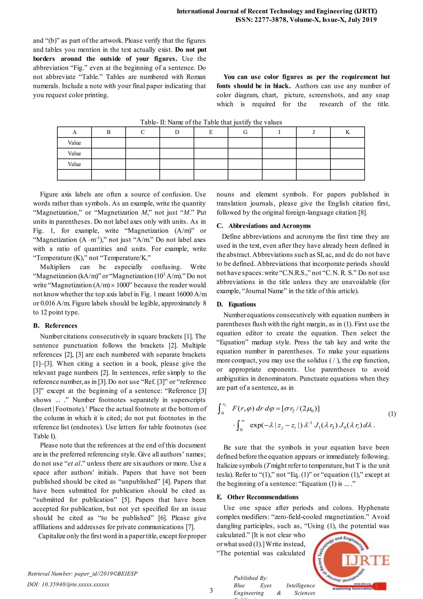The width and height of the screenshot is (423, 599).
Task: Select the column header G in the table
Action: pos(245,132)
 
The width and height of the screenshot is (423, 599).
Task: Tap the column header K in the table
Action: pos(347,132)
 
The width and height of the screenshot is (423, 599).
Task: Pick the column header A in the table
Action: pos(75,132)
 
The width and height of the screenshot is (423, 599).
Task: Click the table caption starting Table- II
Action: pos(211,122)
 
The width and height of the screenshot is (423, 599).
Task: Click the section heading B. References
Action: pos(55,326)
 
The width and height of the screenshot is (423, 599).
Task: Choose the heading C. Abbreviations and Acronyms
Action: pos(264,226)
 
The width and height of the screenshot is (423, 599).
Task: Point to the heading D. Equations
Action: pos(236,304)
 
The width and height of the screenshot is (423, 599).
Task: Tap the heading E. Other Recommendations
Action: pos(258,497)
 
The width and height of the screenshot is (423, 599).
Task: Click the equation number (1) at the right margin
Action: pos(392,414)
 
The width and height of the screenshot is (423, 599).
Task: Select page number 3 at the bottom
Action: pos(211,590)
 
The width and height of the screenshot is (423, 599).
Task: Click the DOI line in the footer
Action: pos(68,584)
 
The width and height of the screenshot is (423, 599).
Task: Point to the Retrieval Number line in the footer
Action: pos(83,574)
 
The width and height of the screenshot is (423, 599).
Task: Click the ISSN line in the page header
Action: pos(306,20)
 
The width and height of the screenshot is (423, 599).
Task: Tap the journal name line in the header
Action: pos(277,11)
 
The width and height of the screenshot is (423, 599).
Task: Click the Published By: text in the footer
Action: pos(251,578)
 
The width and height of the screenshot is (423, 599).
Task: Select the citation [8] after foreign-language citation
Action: pos(362,213)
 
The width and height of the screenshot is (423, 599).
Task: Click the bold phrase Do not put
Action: pos(191,50)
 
